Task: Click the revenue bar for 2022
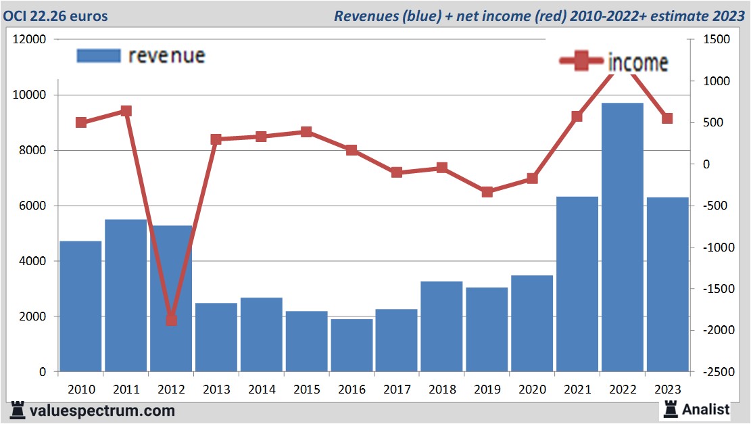[x=622, y=237]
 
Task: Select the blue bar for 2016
[x=352, y=345]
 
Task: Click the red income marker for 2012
[x=171, y=320]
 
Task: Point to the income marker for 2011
[x=126, y=111]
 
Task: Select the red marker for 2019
[x=487, y=192]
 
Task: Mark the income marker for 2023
[x=667, y=118]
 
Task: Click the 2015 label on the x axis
[x=306, y=390]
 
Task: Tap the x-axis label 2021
[x=577, y=390]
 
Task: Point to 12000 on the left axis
[x=30, y=40]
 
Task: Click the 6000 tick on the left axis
[x=32, y=206]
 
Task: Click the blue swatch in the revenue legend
[x=98, y=55]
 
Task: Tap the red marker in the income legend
[x=579, y=62]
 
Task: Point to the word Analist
[x=706, y=409]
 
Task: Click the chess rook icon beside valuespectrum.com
[x=17, y=410]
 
